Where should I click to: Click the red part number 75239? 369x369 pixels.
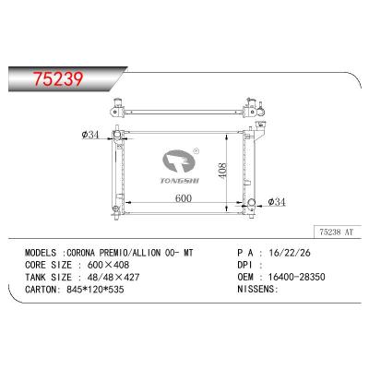[58, 79]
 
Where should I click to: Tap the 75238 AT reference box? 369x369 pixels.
[337, 232]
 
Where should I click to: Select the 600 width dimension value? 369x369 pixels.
[184, 198]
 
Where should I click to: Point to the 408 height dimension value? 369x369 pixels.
[222, 170]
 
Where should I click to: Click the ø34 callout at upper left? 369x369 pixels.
[90, 135]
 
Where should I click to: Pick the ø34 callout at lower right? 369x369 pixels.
[277, 202]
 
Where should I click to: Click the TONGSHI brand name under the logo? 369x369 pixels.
[180, 181]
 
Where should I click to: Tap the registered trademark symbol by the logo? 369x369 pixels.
[196, 151]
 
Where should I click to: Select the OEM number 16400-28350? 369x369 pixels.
[297, 277]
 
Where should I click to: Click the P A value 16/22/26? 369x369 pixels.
[290, 253]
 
